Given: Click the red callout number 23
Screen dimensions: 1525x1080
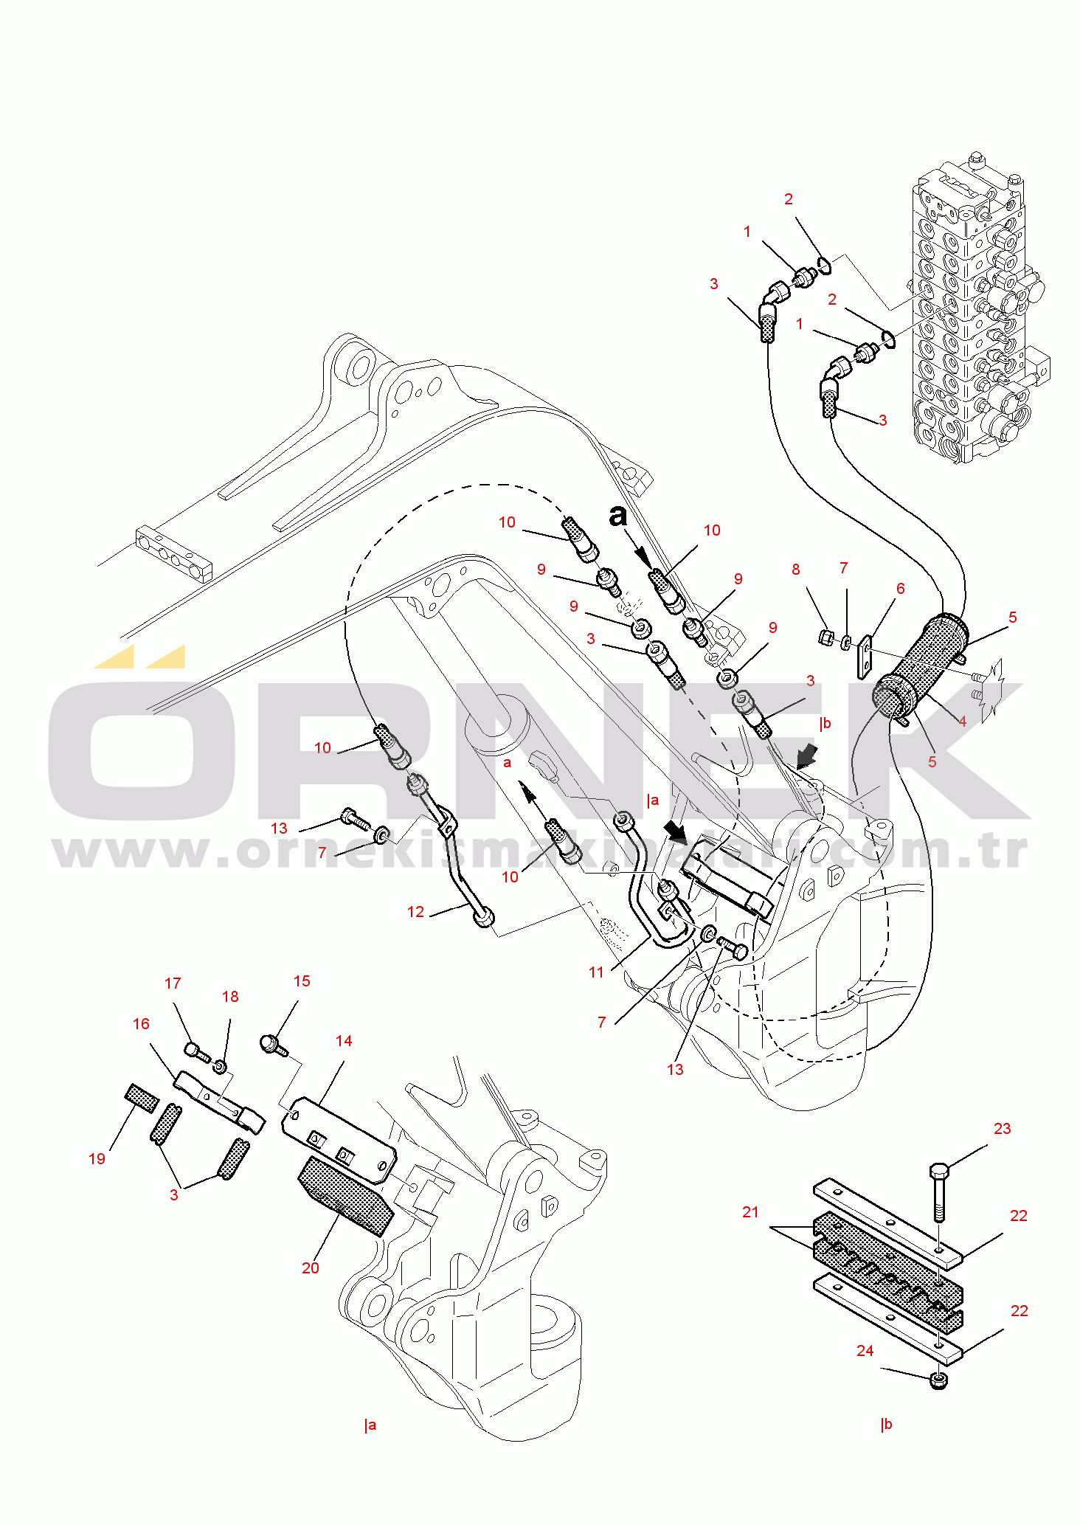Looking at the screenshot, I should pos(1002,1129).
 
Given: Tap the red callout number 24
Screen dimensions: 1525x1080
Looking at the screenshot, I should pos(865,1351).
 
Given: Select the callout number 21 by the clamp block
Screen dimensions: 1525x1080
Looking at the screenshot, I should pos(750,1212).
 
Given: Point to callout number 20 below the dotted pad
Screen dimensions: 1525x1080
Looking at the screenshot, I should pos(310,1268).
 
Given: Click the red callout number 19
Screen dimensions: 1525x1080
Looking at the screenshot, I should pos(97,1159).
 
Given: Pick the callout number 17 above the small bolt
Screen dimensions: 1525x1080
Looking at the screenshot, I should pos(173,983).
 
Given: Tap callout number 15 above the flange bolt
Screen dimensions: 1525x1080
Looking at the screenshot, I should pos(302,981).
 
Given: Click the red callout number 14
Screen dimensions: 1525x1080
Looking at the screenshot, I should pos(344,1041).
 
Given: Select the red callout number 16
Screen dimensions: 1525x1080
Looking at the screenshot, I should pos(141,1024).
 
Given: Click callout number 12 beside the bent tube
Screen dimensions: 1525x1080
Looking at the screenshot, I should pos(415,912).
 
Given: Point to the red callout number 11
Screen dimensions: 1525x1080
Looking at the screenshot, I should pos(596,972).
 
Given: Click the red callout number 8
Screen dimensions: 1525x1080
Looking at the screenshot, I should pos(795,570).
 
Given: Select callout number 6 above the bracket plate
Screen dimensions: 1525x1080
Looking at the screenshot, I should pos(900,589).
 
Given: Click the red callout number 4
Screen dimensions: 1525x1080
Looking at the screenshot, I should pos(962,722).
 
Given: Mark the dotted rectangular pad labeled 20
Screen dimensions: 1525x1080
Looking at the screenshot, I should pos(345,1196).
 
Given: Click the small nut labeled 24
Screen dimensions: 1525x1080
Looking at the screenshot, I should pos(938,1380).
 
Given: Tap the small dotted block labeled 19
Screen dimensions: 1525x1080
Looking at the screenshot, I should pos(142,1098).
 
